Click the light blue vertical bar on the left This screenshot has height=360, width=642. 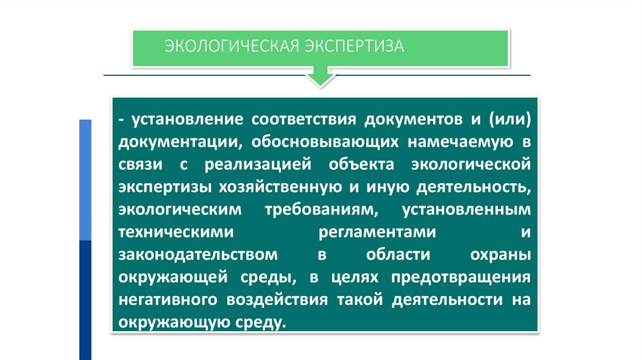point(85,179)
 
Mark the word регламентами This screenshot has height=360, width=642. point(377,231)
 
